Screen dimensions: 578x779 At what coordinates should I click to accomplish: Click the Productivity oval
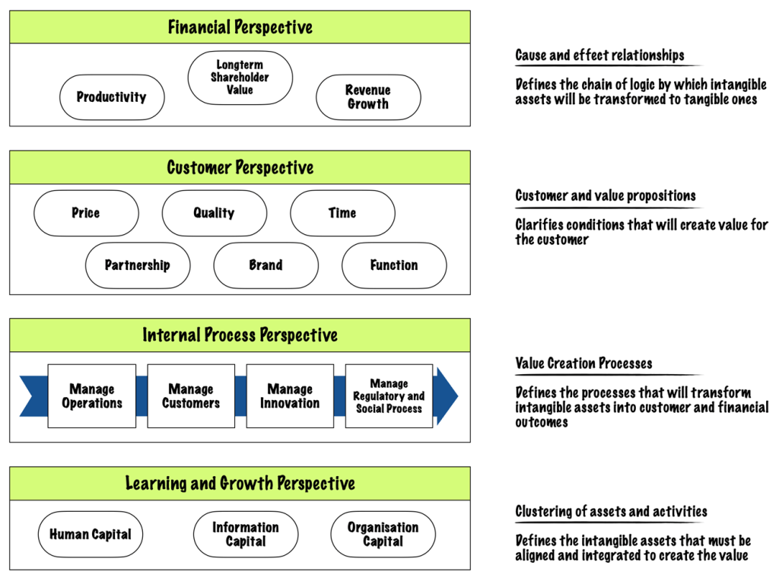(x=112, y=97)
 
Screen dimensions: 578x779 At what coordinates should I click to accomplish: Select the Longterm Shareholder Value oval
(x=240, y=78)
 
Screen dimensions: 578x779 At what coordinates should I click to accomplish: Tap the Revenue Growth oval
(x=368, y=97)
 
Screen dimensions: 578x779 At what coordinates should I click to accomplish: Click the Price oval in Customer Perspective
(x=86, y=213)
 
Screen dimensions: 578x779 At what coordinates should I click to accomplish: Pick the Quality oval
(x=214, y=213)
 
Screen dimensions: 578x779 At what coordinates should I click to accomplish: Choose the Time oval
(x=342, y=213)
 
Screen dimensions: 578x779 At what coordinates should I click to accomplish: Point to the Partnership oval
(x=138, y=265)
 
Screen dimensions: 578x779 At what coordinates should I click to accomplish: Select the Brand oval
(x=265, y=265)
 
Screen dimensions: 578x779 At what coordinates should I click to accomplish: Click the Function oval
(x=394, y=265)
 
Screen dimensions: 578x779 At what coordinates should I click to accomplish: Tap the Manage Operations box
(x=92, y=396)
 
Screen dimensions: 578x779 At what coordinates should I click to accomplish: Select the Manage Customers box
(x=191, y=396)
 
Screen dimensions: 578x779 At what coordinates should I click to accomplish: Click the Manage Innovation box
(x=290, y=396)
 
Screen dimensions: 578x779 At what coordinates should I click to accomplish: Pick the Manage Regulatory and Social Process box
(x=389, y=396)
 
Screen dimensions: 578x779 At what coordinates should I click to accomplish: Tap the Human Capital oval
(x=91, y=535)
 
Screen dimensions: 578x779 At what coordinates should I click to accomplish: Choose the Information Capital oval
(x=245, y=535)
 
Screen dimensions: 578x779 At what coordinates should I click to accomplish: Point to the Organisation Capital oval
(x=383, y=535)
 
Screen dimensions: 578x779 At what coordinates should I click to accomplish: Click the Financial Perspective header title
(x=240, y=27)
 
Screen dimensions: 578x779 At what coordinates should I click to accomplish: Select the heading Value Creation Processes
(x=583, y=364)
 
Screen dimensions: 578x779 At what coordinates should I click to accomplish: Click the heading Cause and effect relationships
(x=599, y=56)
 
